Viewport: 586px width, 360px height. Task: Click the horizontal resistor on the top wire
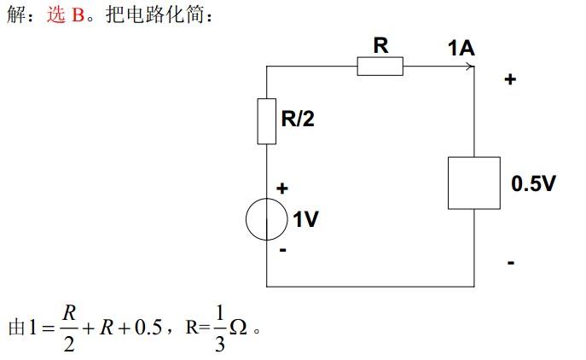click(x=380, y=67)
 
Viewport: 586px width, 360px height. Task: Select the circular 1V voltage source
click(x=267, y=220)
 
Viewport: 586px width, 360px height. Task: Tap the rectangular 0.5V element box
click(x=473, y=182)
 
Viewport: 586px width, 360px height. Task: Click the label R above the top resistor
click(x=380, y=45)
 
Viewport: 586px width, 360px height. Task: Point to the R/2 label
click(x=298, y=119)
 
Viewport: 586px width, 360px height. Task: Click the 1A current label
click(x=461, y=48)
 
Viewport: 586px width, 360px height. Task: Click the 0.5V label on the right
click(x=533, y=183)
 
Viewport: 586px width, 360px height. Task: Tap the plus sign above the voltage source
click(x=282, y=188)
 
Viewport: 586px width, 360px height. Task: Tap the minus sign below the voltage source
click(x=282, y=252)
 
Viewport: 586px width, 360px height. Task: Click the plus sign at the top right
click(x=510, y=79)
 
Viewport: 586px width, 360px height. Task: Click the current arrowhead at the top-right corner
click(x=469, y=67)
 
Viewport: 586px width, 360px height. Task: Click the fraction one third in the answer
click(x=219, y=329)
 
